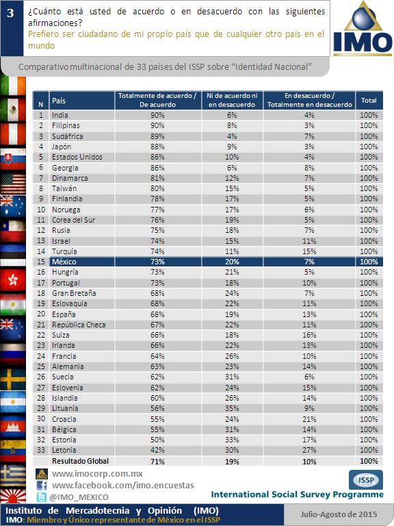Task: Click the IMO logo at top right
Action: pyautogui.click(x=363, y=29)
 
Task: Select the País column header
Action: pyautogui.click(x=59, y=101)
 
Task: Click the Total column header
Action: pyautogui.click(x=369, y=100)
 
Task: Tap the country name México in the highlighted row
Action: pyautogui.click(x=64, y=262)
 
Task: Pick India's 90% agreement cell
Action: pyautogui.click(x=157, y=115)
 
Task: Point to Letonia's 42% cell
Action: pyautogui.click(x=157, y=450)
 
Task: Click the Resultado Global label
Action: pyautogui.click(x=81, y=461)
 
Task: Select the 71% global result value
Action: pyautogui.click(x=157, y=461)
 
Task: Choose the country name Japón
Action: pyautogui.click(x=62, y=147)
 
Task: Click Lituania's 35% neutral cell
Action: pyautogui.click(x=232, y=408)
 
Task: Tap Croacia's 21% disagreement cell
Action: pyautogui.click(x=309, y=419)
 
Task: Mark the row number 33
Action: pyautogui.click(x=41, y=450)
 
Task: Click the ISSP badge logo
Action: pyautogui.click(x=366, y=479)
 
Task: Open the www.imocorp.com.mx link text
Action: pyautogui.click(x=97, y=474)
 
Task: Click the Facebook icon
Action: pyautogui.click(x=42, y=486)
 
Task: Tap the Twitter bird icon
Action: pyautogui.click(x=42, y=497)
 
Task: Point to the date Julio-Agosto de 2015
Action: pyautogui.click(x=339, y=514)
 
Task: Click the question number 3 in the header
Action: pyautogui.click(x=10, y=13)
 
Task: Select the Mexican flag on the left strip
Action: pyautogui.click(x=13, y=110)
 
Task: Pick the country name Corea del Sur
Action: pyautogui.click(x=73, y=220)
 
